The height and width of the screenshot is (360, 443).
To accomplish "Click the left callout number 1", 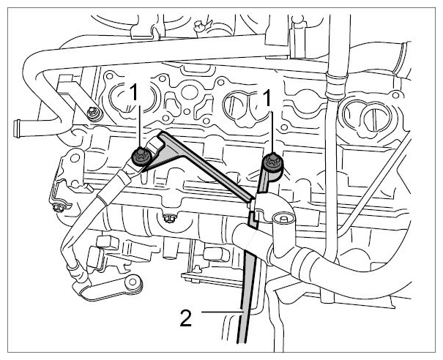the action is [x=134, y=93].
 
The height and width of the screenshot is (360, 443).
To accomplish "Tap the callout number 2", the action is [x=185, y=318].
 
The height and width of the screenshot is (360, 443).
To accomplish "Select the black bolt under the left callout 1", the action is [x=141, y=157].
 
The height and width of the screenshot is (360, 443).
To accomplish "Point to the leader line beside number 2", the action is [x=222, y=312].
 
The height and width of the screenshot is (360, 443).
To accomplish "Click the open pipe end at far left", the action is [x=17, y=129].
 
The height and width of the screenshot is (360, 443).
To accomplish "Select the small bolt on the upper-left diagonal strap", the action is [x=92, y=113].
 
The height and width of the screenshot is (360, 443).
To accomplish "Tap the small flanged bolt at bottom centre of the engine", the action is [x=170, y=218].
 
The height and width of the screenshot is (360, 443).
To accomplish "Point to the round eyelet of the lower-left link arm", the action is [x=133, y=283].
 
